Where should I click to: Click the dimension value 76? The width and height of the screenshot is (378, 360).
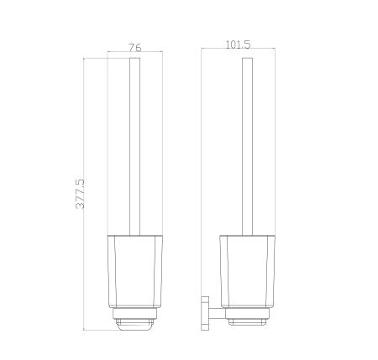135,48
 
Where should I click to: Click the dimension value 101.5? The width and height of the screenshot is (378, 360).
238,44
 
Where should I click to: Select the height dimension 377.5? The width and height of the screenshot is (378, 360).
80,194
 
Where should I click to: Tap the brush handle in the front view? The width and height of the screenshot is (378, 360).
134,146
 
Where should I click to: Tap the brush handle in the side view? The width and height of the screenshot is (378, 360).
247,146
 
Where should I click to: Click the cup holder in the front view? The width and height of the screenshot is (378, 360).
134,272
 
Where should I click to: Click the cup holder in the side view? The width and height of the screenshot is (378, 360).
248,272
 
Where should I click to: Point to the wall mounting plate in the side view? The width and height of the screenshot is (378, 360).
205,313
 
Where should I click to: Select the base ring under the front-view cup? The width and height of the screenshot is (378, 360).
134,314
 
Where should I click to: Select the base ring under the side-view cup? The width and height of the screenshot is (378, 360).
248,314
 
